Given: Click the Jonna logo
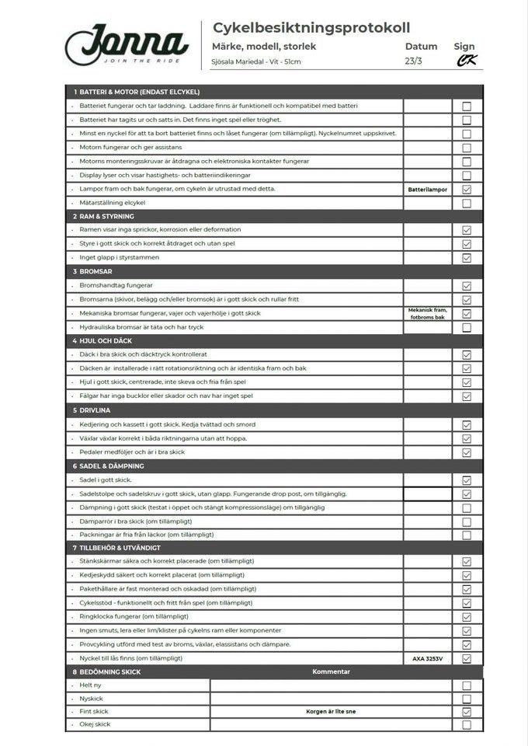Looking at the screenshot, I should click(x=127, y=44).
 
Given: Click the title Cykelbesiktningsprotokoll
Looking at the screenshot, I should click(x=311, y=28).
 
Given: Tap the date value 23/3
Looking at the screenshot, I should click(x=414, y=61).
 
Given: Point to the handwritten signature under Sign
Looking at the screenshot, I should click(x=466, y=61).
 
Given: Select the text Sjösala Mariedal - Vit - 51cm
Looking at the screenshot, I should click(x=256, y=62).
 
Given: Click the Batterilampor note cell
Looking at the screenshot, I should click(x=427, y=189).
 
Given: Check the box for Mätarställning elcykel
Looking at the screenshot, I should click(x=467, y=204).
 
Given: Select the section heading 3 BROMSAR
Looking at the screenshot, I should click(x=95, y=272).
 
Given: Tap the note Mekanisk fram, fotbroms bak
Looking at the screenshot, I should click(x=427, y=313).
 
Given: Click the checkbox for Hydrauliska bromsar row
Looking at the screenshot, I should click(x=467, y=327).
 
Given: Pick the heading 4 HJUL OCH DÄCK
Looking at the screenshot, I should click(x=106, y=340).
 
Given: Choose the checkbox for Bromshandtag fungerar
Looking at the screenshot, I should click(x=467, y=286).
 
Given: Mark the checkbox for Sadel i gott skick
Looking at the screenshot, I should click(x=467, y=480).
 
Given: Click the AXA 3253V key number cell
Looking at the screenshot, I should click(x=427, y=658).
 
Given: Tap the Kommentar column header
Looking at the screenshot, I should click(x=331, y=671).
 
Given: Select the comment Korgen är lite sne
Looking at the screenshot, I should click(x=331, y=711).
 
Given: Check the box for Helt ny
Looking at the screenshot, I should click(x=467, y=685).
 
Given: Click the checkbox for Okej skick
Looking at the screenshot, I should click(x=467, y=724).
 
